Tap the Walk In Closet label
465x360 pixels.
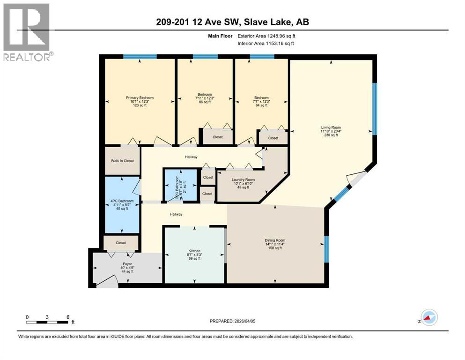(x=122, y=161)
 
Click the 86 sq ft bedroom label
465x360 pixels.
(x=204, y=98)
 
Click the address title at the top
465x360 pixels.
(x=233, y=22)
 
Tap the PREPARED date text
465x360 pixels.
(x=232, y=321)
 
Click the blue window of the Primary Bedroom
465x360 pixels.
(x=140, y=57)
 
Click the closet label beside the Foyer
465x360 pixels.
(x=121, y=243)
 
